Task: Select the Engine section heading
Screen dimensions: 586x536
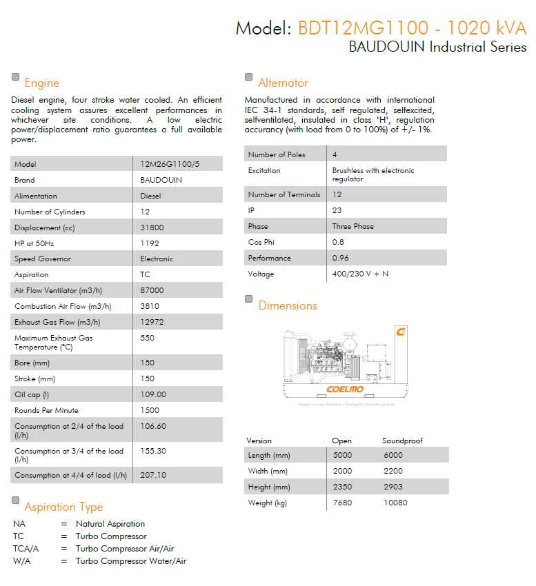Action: pyautogui.click(x=41, y=83)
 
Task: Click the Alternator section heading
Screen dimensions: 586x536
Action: pyautogui.click(x=283, y=83)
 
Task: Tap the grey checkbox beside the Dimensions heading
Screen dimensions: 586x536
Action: pyautogui.click(x=249, y=299)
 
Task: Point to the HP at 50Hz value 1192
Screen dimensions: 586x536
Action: pyautogui.click(x=149, y=243)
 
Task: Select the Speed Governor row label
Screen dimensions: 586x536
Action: pyautogui.click(x=43, y=259)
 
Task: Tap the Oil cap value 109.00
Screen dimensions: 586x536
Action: pyautogui.click(x=152, y=394)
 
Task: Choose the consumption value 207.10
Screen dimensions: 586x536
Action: pyautogui.click(x=152, y=475)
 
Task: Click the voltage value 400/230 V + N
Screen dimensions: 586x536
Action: pyautogui.click(x=360, y=274)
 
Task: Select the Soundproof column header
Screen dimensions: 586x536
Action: pyautogui.click(x=402, y=441)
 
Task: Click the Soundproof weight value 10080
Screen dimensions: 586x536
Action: pyautogui.click(x=395, y=503)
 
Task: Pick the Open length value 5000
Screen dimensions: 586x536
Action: pyautogui.click(x=342, y=455)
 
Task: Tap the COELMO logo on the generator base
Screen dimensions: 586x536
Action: pyautogui.click(x=345, y=390)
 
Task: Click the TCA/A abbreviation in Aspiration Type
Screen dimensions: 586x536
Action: pyautogui.click(x=26, y=549)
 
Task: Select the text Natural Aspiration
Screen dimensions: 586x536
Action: pyautogui.click(x=110, y=524)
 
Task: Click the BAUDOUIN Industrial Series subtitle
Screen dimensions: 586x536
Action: pyautogui.click(x=437, y=48)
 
